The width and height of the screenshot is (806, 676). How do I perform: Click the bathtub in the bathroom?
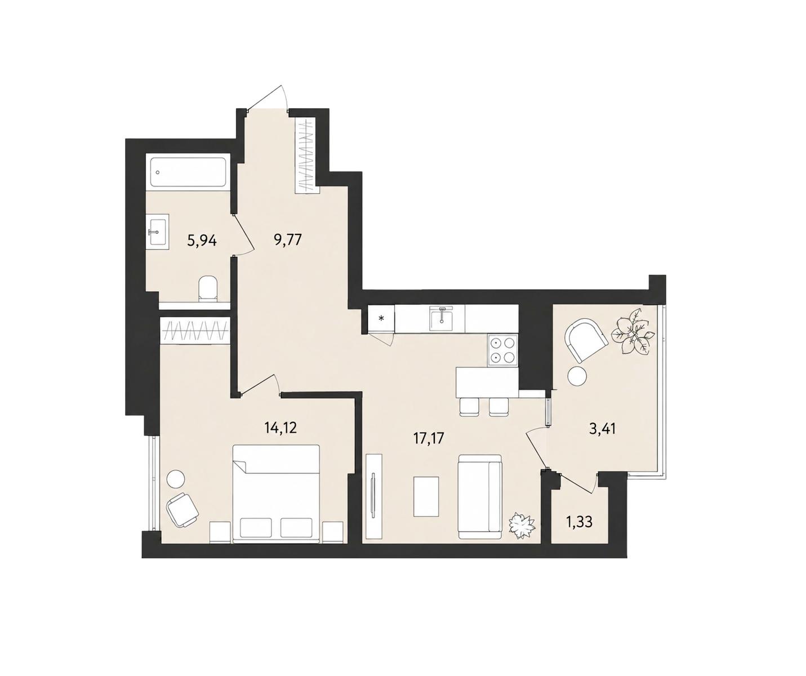pos(188,172)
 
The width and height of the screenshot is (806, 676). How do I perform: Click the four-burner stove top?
pos(502,350)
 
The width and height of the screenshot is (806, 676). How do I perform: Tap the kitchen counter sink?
pos(442,319)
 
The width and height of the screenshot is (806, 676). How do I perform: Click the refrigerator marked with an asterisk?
pos(381,318)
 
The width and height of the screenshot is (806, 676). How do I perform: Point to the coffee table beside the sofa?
pos(426,496)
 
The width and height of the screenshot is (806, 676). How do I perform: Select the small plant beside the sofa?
pos(522,526)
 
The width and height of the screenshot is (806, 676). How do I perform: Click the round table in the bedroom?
pos(176,479)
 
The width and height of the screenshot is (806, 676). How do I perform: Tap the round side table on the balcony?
pos(577,375)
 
